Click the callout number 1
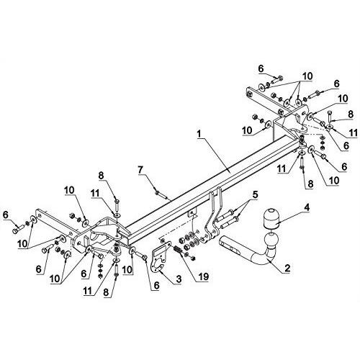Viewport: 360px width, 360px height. pyautogui.click(x=198, y=135)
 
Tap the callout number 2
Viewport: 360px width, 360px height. pyautogui.click(x=287, y=268)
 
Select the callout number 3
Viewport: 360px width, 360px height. pyautogui.click(x=179, y=279)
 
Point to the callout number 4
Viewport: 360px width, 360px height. pyautogui.click(x=307, y=208)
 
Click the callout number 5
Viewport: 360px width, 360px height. pyautogui.click(x=255, y=195)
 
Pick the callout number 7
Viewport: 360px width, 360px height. pyautogui.click(x=140, y=170)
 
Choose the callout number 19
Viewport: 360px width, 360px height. pyautogui.click(x=202, y=276)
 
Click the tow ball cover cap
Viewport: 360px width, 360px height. pyautogui.click(x=270, y=219)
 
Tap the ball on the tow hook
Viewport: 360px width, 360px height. pyautogui.click(x=270, y=242)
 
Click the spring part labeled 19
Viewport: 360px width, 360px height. pyautogui.click(x=178, y=250)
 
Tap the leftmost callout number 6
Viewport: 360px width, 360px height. pyautogui.click(x=6, y=215)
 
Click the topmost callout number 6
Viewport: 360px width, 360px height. pyautogui.click(x=261, y=68)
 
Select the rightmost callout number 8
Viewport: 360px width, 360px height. pyautogui.click(x=351, y=114)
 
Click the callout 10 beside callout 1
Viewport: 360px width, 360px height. pyautogui.click(x=247, y=130)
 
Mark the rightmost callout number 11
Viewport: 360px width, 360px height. pyautogui.click(x=353, y=132)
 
